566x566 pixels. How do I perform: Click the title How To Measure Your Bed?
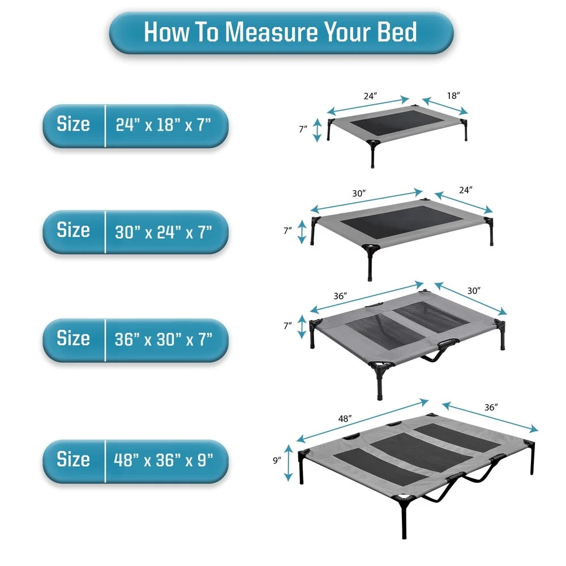pos(281,32)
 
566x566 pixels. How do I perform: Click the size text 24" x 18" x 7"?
pos(164,125)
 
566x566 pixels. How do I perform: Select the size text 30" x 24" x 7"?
pos(164,231)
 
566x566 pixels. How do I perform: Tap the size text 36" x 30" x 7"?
pos(164,339)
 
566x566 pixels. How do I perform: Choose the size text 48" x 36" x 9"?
pos(164,460)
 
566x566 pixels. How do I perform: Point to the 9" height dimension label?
pos(277,461)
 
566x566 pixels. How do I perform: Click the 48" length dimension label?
pos(346,419)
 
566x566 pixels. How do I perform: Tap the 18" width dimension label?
pos(453,96)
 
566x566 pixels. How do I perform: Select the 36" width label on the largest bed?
pos(490,407)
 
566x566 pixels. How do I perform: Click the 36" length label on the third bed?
pos(340,296)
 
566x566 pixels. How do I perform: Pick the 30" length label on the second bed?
pos(359,193)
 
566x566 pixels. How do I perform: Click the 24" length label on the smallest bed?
pos(370,96)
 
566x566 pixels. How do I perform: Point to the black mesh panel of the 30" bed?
pos(392,221)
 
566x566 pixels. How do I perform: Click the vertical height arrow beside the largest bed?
pos(289,461)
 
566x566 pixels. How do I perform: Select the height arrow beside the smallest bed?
pos(317,130)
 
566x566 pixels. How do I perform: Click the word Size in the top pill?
pos(73,125)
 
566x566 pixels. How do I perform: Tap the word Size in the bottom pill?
pos(73,460)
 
